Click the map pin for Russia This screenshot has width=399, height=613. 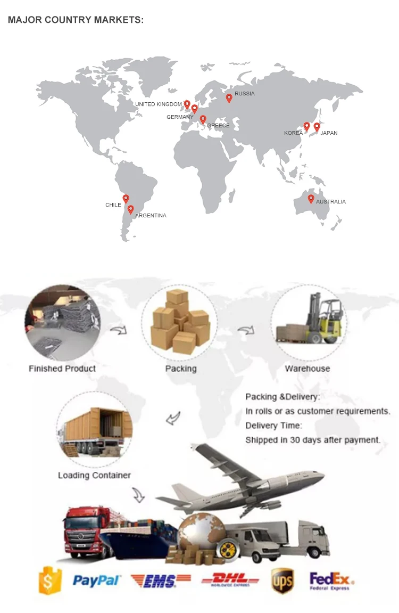click(x=229, y=98)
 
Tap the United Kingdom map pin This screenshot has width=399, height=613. click(x=187, y=104)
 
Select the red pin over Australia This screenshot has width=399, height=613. click(x=311, y=199)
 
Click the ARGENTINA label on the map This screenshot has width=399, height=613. click(x=151, y=216)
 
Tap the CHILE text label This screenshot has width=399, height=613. click(x=113, y=205)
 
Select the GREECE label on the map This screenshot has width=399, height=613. click(x=218, y=126)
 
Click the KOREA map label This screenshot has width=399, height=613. click(x=293, y=133)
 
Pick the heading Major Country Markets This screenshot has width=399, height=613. click(x=76, y=20)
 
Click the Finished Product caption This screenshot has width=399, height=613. click(x=62, y=369)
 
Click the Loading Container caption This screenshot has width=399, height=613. click(x=94, y=475)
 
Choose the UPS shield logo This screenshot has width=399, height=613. click(x=282, y=581)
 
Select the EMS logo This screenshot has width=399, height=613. click(x=161, y=581)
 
